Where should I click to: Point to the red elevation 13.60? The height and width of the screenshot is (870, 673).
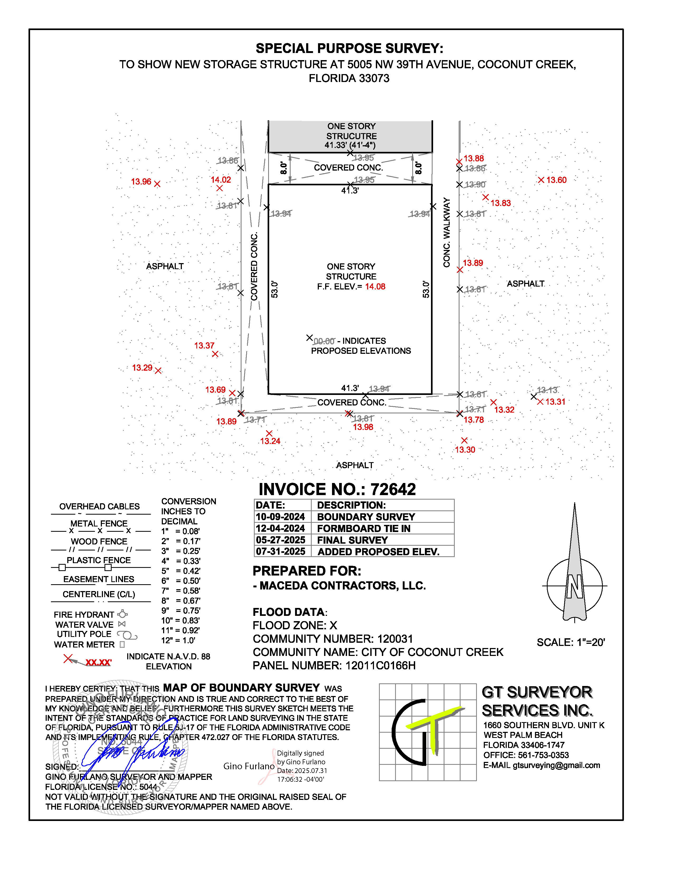[x=556, y=180]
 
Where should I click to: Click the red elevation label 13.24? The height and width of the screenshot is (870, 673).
[x=270, y=441]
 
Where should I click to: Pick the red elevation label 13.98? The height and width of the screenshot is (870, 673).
[x=363, y=427]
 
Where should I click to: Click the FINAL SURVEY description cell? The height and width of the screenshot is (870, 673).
[x=352, y=540]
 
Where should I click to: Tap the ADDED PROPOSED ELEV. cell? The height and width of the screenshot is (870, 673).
[x=378, y=552]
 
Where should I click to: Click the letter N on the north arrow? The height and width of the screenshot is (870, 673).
[x=575, y=586]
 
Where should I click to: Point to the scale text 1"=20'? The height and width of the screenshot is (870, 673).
[x=571, y=642]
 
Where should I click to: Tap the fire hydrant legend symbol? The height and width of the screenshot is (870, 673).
[x=122, y=614]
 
